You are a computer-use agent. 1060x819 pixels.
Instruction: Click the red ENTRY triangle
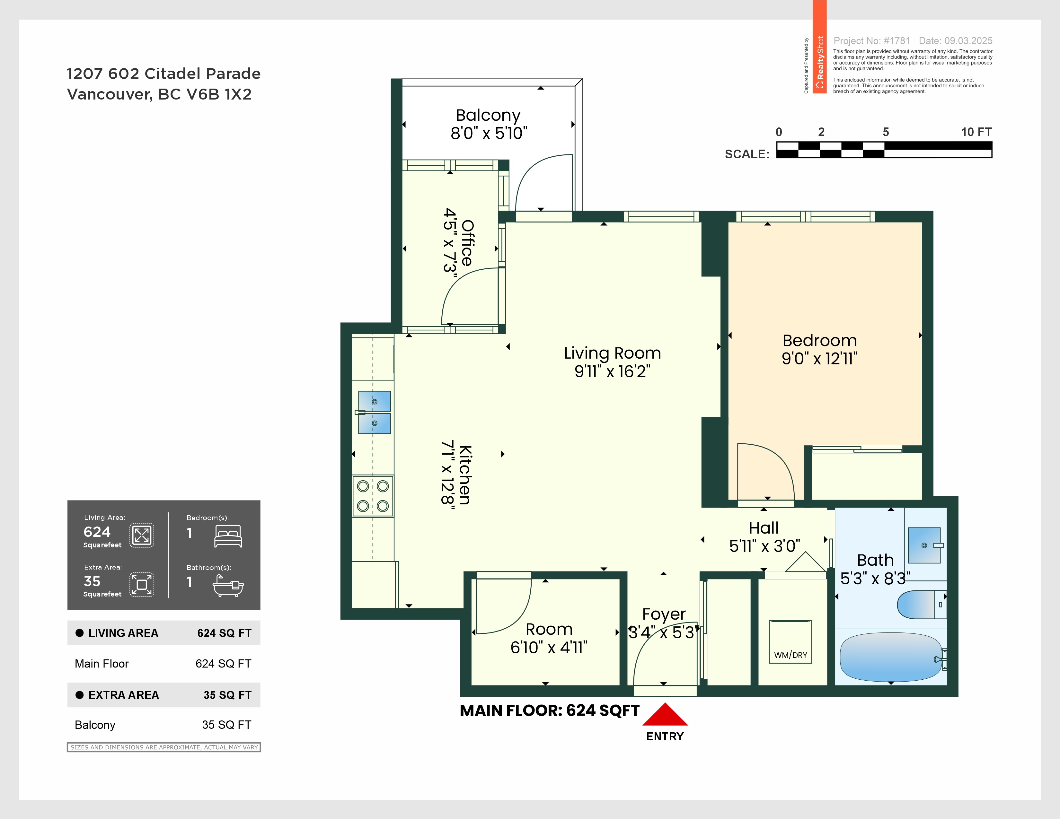(x=665, y=716)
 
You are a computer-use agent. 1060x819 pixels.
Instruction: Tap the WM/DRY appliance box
(x=790, y=641)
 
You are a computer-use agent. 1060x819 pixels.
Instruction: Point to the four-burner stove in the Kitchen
(x=373, y=496)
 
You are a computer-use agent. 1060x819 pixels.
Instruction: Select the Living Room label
(x=612, y=353)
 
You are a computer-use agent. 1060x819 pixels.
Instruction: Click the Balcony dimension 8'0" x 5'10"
(x=488, y=133)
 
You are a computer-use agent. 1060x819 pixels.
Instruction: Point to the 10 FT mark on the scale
(x=976, y=132)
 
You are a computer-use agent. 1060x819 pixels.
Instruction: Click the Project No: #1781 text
(x=872, y=41)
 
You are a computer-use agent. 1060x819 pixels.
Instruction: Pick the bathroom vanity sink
(x=924, y=545)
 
